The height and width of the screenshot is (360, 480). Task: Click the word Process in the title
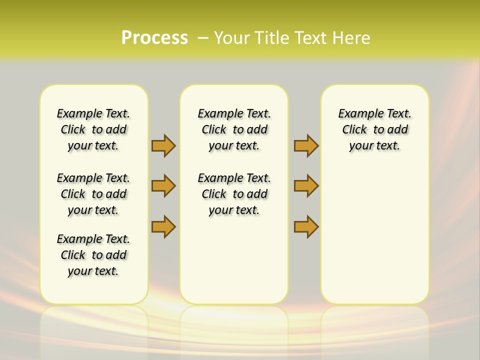154,37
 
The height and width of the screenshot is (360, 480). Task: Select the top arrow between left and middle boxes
163,145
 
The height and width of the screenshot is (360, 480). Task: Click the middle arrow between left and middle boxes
163,186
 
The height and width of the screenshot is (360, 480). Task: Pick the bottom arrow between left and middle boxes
163,226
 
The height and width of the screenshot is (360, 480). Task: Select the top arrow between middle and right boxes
306,145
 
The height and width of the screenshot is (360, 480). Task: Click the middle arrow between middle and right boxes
306,186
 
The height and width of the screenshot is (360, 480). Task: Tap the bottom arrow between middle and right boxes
306,226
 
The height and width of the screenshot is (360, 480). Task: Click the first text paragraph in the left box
93,129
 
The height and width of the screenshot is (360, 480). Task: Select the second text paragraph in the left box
93,194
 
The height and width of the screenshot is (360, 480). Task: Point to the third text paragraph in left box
93,255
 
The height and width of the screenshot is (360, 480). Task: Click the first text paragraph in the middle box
234,129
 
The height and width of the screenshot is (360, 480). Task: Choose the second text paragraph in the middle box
234,194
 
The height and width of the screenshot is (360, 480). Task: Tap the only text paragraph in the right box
375,129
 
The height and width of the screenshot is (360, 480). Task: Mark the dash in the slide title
203,38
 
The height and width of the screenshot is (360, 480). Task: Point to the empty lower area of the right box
375,235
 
